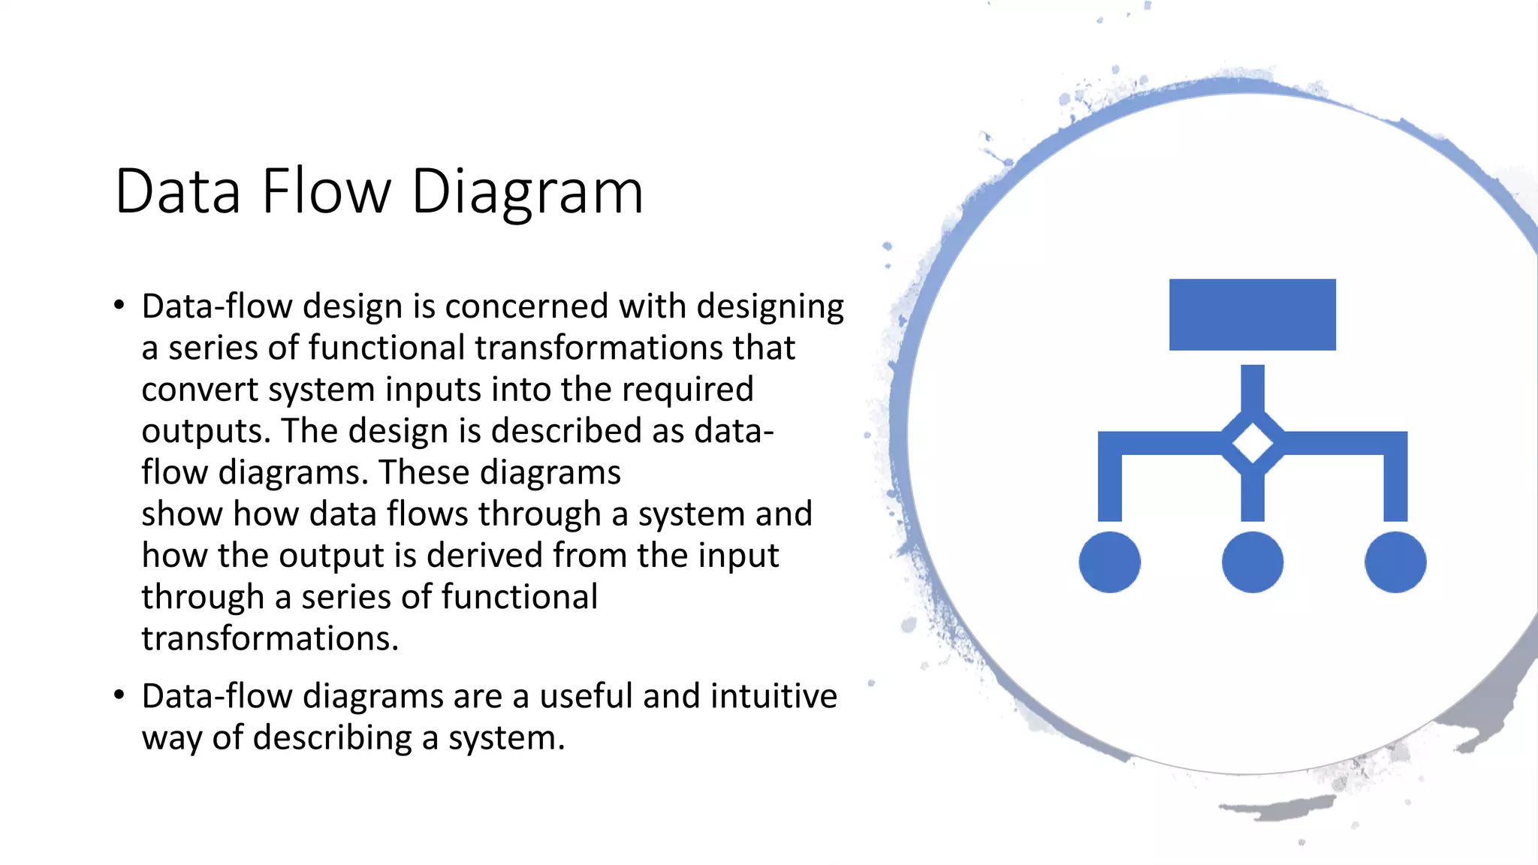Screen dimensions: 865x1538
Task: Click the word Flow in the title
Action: pos(326,191)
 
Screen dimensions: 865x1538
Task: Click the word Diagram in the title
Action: pos(527,193)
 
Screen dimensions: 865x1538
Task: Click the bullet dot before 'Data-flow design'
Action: pos(119,306)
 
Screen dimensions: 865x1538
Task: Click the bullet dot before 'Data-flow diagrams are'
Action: pos(119,695)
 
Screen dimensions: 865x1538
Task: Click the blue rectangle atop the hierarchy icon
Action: pos(1252,315)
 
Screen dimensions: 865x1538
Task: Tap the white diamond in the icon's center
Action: pos(1252,443)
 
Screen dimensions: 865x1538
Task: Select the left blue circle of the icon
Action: pos(1109,562)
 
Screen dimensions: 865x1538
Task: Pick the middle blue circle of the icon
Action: pos(1252,562)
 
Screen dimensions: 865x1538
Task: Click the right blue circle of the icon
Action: pos(1395,562)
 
